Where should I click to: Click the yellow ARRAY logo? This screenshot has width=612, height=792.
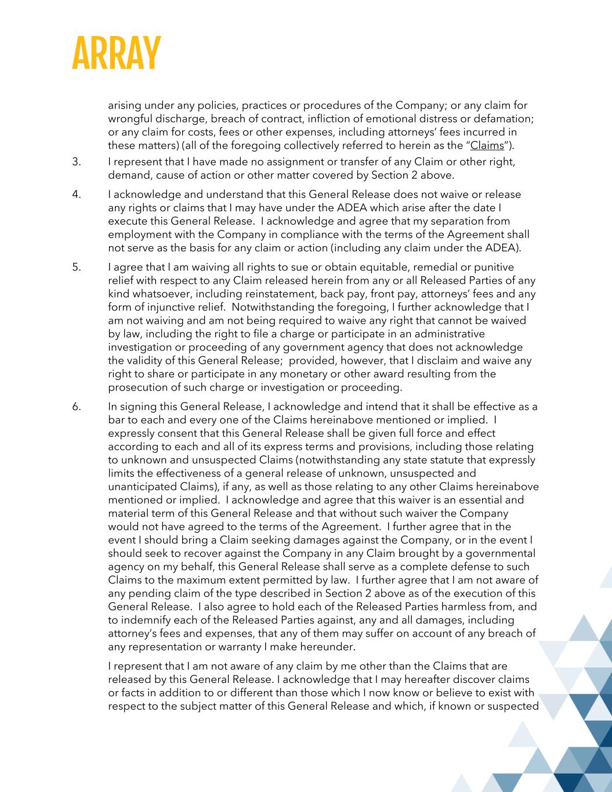[x=116, y=53]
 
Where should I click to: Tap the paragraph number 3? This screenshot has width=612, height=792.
[x=76, y=162]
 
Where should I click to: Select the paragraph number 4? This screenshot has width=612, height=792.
[x=76, y=194]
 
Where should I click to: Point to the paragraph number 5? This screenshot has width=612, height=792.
[x=76, y=267]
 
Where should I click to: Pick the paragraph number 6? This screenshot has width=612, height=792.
[x=76, y=407]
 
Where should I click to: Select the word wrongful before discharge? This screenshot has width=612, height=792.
[x=129, y=119]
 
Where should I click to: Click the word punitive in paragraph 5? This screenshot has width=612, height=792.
[x=491, y=267]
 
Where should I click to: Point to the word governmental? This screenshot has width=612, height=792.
[x=501, y=554]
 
